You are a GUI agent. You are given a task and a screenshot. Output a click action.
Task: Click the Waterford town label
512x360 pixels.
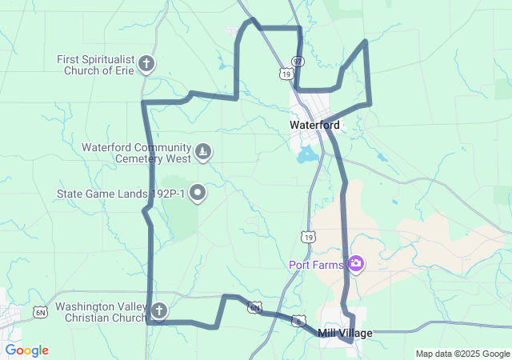314,125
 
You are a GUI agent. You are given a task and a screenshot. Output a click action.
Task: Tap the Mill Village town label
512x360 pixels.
345,333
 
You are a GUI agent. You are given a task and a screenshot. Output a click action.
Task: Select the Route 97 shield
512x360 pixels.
298,62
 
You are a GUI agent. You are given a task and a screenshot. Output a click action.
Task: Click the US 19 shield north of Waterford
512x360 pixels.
286,73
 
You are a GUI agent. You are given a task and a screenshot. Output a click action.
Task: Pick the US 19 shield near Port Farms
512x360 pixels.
309,236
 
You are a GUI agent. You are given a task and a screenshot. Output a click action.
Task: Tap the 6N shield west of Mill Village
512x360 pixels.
254,307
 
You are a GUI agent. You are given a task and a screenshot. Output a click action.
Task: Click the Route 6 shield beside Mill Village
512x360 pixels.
298,321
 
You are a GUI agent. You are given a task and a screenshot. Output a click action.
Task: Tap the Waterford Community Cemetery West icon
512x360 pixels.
204,151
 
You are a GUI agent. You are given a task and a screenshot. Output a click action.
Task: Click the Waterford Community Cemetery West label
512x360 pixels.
136,152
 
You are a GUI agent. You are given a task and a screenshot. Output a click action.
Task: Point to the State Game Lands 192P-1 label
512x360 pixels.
121,194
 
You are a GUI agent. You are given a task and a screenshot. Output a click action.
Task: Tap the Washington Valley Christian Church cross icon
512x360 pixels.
159,311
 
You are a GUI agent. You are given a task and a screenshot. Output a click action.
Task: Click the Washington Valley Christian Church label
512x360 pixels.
100,312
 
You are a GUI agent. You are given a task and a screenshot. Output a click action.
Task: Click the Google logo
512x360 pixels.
26,350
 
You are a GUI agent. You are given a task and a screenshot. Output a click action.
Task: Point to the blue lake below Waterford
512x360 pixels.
306,154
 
